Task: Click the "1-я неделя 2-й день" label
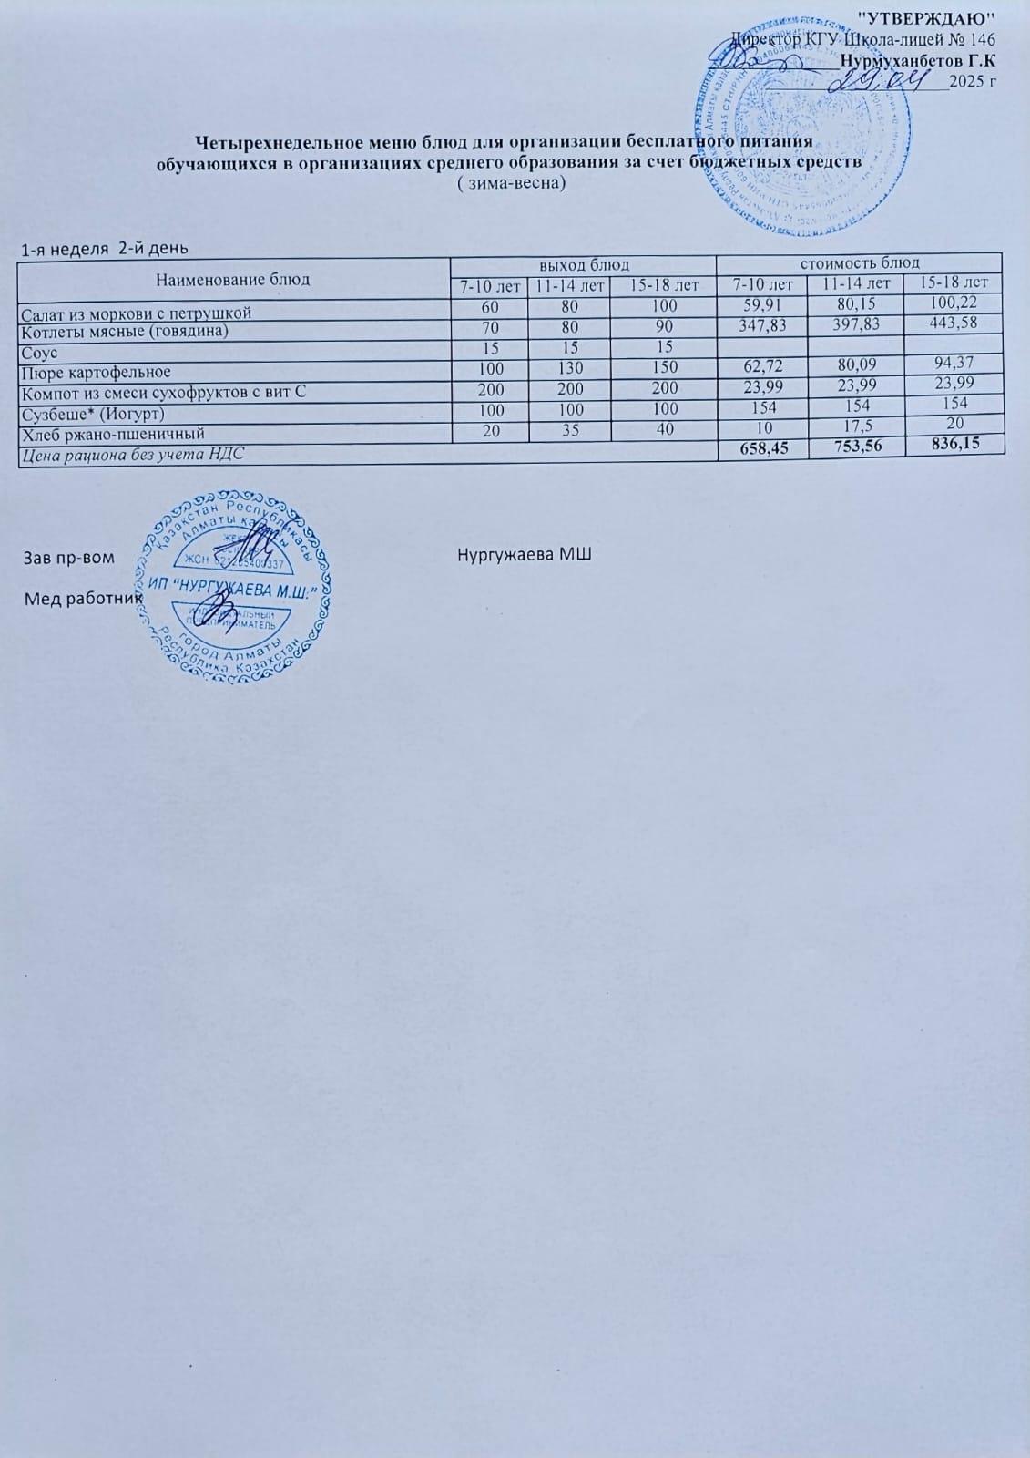(106, 247)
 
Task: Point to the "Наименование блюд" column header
(233, 279)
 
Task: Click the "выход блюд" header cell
(584, 265)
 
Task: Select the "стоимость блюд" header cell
(859, 263)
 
